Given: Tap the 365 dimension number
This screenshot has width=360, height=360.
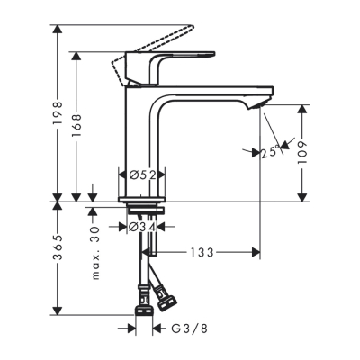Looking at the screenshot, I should [57, 254].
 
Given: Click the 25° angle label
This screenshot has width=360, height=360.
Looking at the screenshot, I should [270, 152].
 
